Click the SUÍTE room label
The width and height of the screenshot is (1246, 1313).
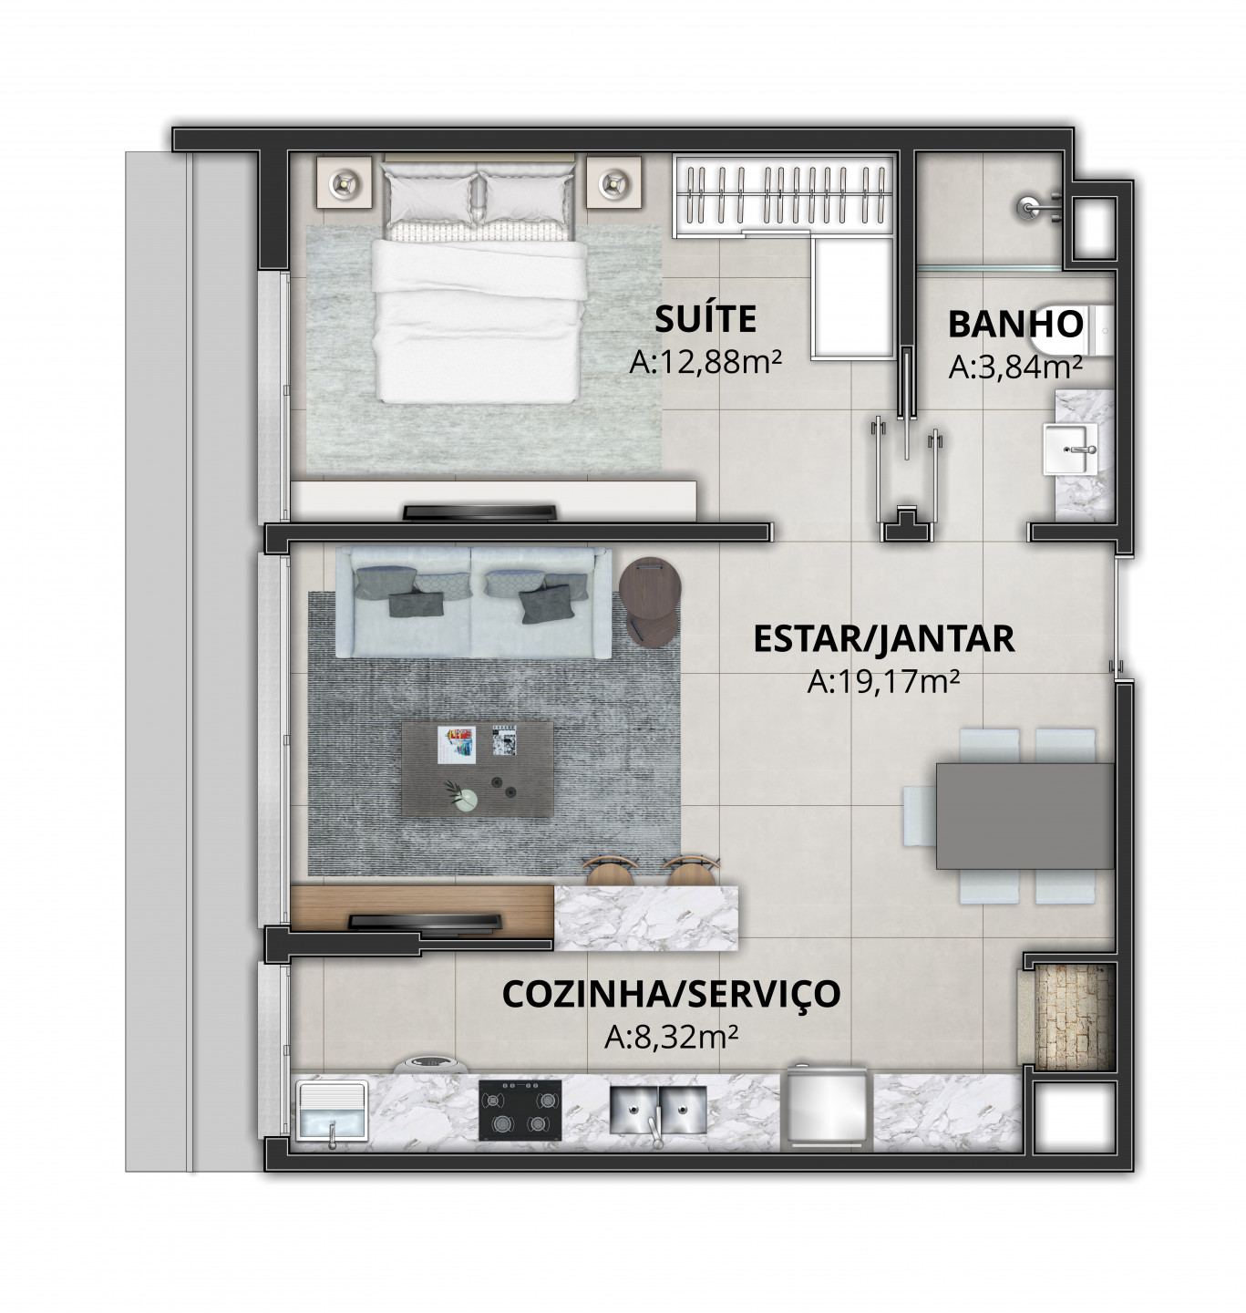tap(705, 318)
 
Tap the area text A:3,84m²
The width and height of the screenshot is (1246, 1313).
tap(1015, 367)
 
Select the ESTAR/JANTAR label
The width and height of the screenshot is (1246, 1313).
tap(883, 638)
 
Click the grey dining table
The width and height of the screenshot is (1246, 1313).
tap(1025, 815)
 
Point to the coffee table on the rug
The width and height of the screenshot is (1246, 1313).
tap(478, 769)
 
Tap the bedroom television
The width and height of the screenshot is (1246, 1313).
tap(479, 512)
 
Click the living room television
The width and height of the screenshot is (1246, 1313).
tap(425, 923)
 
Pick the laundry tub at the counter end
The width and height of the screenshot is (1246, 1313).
tap(332, 1111)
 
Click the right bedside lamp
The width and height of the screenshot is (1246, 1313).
tap(613, 181)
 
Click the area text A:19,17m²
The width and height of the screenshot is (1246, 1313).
tap(883, 682)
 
